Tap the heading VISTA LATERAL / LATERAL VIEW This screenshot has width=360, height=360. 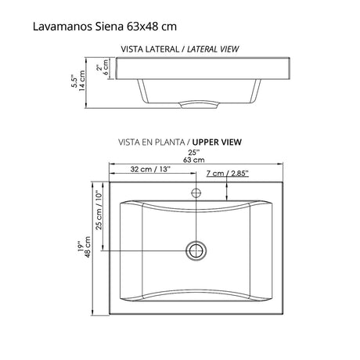(x=179, y=49)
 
